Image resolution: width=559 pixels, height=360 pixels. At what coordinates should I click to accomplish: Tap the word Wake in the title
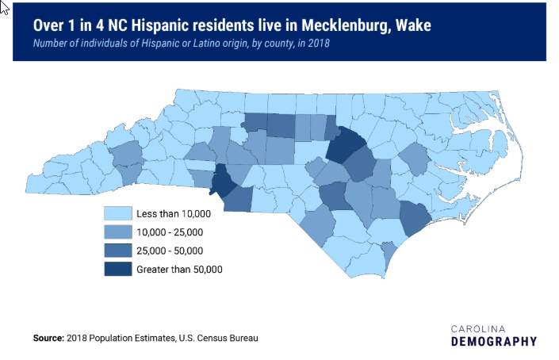[x=413, y=25]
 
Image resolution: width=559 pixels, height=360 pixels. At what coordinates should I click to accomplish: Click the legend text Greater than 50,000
[x=179, y=270]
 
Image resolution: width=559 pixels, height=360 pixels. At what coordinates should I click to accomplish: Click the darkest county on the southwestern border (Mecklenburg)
[x=222, y=182]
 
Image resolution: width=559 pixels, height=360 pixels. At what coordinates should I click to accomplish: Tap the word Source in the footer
[x=48, y=339]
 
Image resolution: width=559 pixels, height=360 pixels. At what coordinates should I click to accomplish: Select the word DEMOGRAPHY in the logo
[x=493, y=342]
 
